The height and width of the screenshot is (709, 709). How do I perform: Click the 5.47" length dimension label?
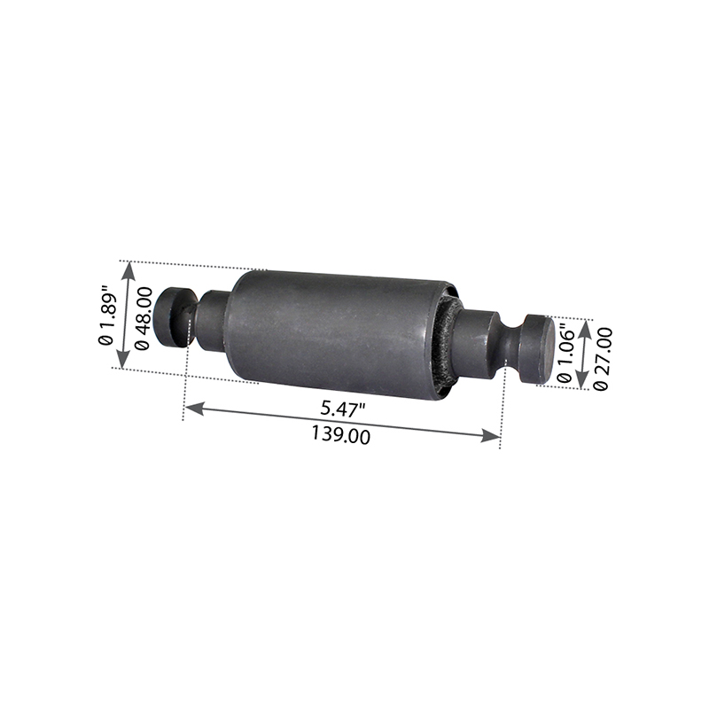(x=342, y=409)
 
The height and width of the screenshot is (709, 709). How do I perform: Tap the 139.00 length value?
(x=340, y=436)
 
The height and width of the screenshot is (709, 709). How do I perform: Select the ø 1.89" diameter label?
(x=107, y=315)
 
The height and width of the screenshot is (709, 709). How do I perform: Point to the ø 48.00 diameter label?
(x=142, y=318)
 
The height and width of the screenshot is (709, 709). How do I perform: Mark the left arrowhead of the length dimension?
(x=193, y=409)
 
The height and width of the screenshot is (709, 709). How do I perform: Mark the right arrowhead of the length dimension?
(x=492, y=436)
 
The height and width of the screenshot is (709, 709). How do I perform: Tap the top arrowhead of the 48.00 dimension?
(x=129, y=271)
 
